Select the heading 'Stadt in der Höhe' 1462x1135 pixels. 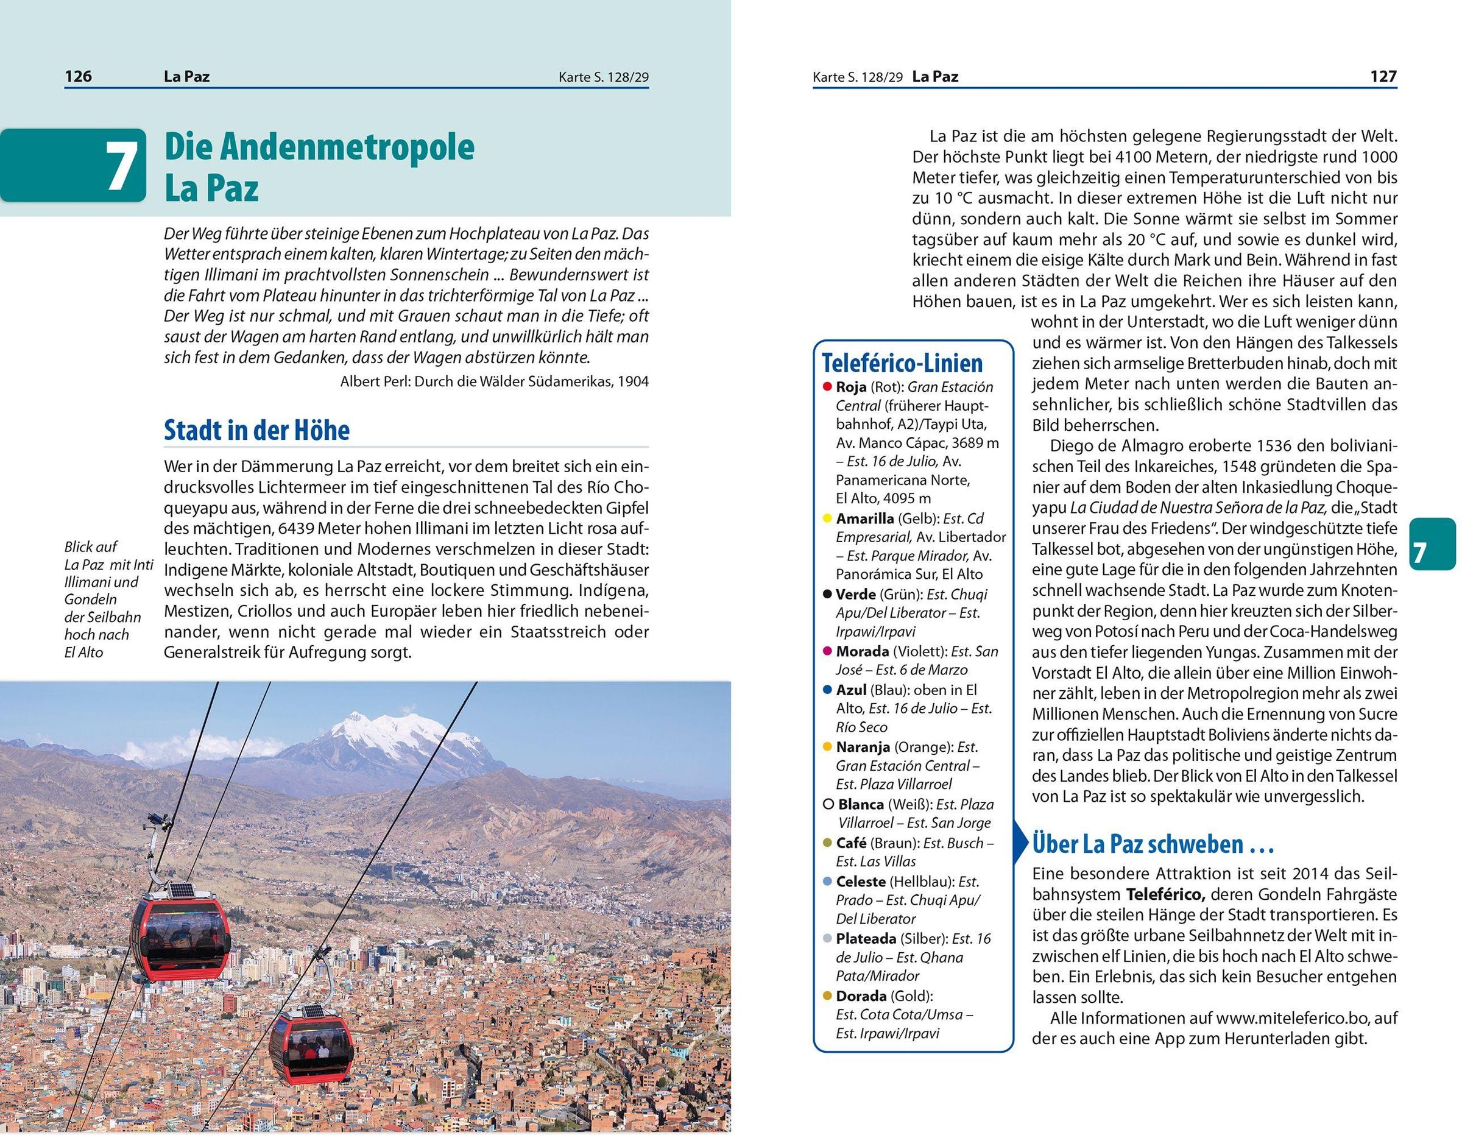point(256,431)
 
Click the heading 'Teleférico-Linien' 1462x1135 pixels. point(902,364)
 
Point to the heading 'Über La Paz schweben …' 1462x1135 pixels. point(1152,844)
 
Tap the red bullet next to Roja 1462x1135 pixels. point(828,387)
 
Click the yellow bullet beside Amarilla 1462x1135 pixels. point(828,518)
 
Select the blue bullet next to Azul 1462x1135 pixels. point(828,690)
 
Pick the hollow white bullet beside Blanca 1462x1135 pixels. point(828,804)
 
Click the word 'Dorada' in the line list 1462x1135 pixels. point(861,995)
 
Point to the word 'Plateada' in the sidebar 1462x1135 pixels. point(866,938)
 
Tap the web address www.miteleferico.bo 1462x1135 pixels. point(1306,1019)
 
